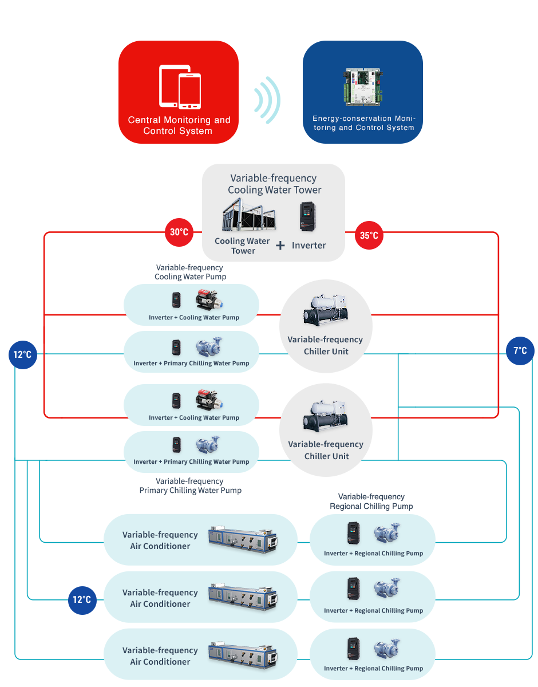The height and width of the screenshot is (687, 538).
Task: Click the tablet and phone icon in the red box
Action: pyautogui.click(x=180, y=86)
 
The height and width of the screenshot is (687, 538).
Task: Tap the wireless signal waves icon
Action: pyautogui.click(x=267, y=100)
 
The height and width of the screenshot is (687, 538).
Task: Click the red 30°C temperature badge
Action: pyautogui.click(x=179, y=232)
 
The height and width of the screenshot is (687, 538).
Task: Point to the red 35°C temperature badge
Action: pyautogui.click(x=369, y=235)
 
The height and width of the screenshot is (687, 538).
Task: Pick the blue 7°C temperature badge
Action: pyautogui.click(x=520, y=350)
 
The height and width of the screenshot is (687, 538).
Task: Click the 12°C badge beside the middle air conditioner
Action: pyautogui.click(x=82, y=600)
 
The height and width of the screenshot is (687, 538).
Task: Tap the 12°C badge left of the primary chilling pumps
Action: pyautogui.click(x=23, y=355)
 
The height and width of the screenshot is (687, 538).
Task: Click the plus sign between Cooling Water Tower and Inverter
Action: pyautogui.click(x=280, y=246)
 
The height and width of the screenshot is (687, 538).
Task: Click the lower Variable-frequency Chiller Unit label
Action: pyautogui.click(x=326, y=450)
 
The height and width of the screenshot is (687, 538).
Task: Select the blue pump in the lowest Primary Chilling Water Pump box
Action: pyautogui.click(x=208, y=445)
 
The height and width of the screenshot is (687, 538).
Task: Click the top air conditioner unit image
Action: pyautogui.click(x=242, y=539)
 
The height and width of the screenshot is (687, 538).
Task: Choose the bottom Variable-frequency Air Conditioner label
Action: pyautogui.click(x=160, y=656)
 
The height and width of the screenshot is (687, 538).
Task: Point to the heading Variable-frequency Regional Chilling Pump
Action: pyautogui.click(x=371, y=502)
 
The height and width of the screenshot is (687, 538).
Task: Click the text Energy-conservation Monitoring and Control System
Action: pyautogui.click(x=363, y=123)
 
